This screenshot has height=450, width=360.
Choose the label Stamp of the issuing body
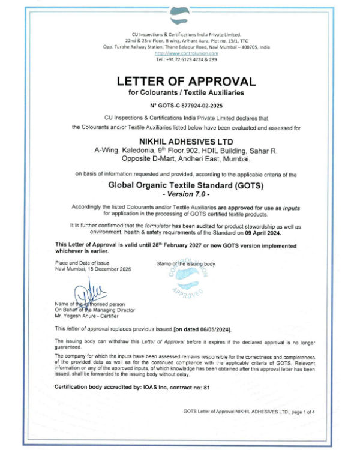[x=185, y=263]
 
